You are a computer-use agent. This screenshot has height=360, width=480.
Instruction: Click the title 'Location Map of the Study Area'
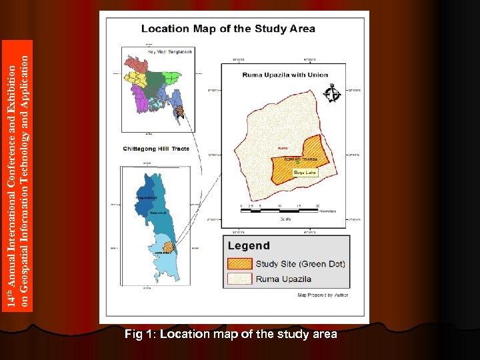point(228,29)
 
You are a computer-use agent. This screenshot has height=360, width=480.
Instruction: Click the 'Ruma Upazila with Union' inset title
point(285,75)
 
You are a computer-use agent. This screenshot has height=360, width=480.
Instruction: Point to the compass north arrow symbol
point(331,94)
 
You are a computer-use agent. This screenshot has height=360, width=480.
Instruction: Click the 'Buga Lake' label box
point(307,173)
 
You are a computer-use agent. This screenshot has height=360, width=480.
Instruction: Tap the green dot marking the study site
point(297,165)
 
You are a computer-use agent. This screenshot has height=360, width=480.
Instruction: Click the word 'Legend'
point(249,245)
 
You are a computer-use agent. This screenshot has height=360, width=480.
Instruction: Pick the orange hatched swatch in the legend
point(240,263)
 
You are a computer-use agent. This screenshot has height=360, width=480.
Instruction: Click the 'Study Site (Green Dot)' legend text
point(301,263)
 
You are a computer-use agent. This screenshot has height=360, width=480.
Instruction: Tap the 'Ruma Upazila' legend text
point(285,279)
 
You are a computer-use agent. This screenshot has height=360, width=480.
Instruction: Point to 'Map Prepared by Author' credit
point(323,295)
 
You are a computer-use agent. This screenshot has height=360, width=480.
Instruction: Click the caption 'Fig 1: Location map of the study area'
point(231,334)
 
